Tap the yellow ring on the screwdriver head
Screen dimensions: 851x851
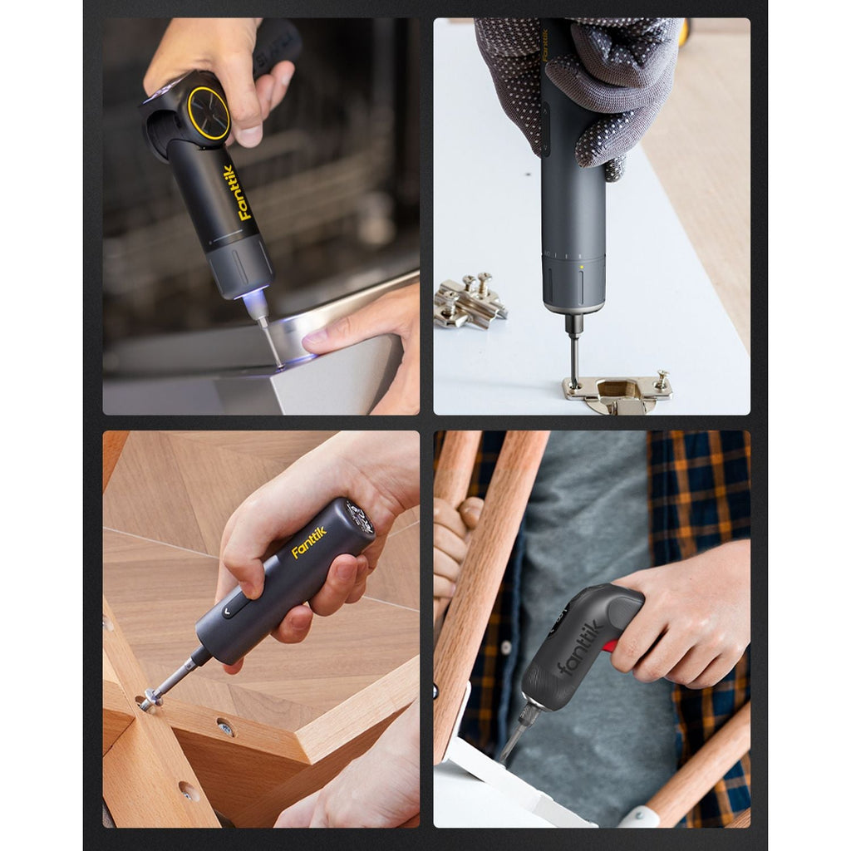click(x=209, y=113)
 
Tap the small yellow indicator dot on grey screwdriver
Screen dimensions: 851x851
click(x=580, y=268)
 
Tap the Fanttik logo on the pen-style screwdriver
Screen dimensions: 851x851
click(x=309, y=543)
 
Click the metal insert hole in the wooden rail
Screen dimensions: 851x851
click(x=225, y=729)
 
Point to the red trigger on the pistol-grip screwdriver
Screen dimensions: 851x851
click(x=610, y=645)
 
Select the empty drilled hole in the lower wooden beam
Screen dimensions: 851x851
click(x=189, y=790)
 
